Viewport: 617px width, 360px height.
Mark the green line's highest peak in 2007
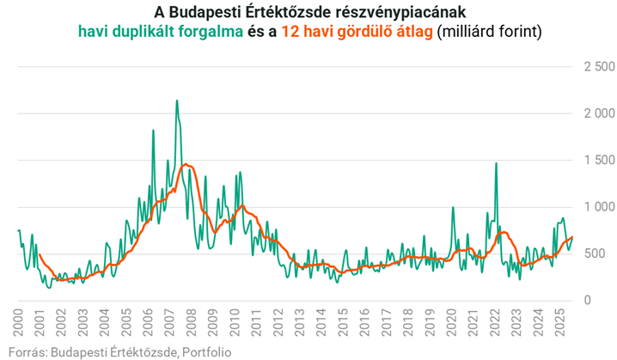tap(177, 101)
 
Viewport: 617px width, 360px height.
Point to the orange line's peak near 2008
tap(185, 164)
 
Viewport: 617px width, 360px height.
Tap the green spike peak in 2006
tap(153, 131)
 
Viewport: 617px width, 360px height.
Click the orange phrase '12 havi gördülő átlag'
tap(357, 32)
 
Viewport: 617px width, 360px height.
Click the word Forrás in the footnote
tap(24, 351)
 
